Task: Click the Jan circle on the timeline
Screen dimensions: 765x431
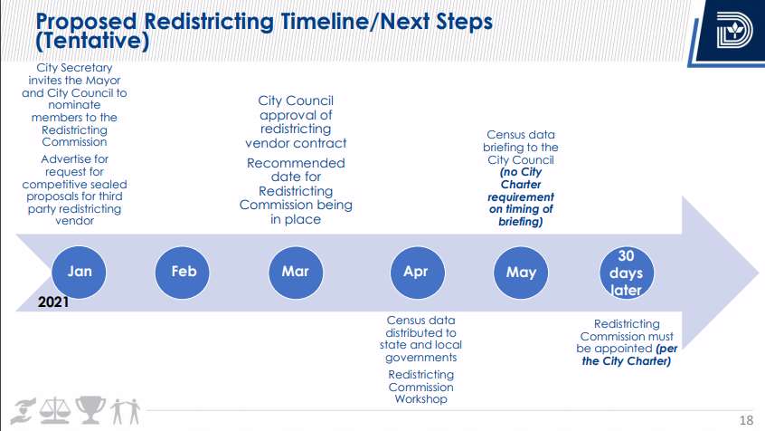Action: pos(79,273)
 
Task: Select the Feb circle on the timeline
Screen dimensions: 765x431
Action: pos(183,273)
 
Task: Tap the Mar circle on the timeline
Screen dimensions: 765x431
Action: pos(296,273)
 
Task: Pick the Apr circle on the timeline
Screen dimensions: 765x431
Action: pos(418,273)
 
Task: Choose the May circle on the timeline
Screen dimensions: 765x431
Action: pos(521,273)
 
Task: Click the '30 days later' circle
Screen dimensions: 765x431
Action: pos(627,273)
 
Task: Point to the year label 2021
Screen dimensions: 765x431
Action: pos(53,302)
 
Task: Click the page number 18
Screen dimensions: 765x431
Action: pos(746,420)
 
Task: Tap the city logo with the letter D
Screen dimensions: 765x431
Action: pos(734,30)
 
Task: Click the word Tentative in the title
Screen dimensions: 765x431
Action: pos(92,41)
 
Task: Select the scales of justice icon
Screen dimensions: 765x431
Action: pos(54,409)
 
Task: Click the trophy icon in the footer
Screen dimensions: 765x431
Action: pos(90,409)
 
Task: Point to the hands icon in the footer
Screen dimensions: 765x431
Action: pos(24,410)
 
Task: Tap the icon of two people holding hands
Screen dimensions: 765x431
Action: pos(125,411)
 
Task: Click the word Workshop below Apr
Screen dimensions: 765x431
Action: pos(420,399)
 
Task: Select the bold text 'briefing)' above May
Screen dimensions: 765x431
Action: pos(521,222)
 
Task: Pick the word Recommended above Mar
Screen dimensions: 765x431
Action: pos(296,163)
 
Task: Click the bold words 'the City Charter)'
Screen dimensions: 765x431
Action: pos(627,361)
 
